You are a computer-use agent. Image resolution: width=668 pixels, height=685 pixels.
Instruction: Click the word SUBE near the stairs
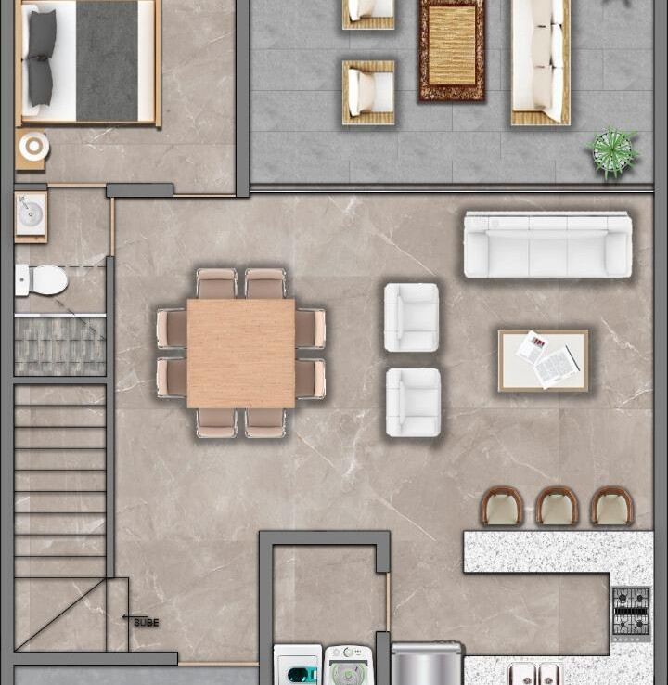147,623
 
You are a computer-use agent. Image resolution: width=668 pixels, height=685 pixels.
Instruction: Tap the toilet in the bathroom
42,279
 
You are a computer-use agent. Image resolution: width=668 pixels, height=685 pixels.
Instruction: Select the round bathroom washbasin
31,213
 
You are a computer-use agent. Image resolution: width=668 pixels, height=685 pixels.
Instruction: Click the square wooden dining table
241,354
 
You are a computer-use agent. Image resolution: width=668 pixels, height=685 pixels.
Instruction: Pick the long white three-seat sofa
548,245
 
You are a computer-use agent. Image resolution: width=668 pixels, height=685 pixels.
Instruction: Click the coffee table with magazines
544,360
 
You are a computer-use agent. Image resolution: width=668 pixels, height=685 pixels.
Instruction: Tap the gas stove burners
631,611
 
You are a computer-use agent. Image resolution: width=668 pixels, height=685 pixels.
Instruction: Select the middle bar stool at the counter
557,506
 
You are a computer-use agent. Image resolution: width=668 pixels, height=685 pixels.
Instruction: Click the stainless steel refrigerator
426,663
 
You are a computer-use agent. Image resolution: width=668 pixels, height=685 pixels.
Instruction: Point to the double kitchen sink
535,675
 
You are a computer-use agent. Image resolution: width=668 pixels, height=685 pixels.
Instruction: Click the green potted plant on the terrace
612,152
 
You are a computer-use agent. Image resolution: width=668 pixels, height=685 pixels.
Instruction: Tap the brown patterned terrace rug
452,51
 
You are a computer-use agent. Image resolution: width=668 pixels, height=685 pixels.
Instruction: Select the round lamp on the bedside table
34,147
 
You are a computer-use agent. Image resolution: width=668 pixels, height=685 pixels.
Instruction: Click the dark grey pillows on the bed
42,58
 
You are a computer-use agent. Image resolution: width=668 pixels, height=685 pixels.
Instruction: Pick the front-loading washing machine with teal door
298,665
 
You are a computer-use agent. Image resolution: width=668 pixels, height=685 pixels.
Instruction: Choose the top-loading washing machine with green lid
349,666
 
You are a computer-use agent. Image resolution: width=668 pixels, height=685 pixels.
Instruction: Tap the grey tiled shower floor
60,345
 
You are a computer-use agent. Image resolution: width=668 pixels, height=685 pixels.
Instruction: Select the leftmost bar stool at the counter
502,506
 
